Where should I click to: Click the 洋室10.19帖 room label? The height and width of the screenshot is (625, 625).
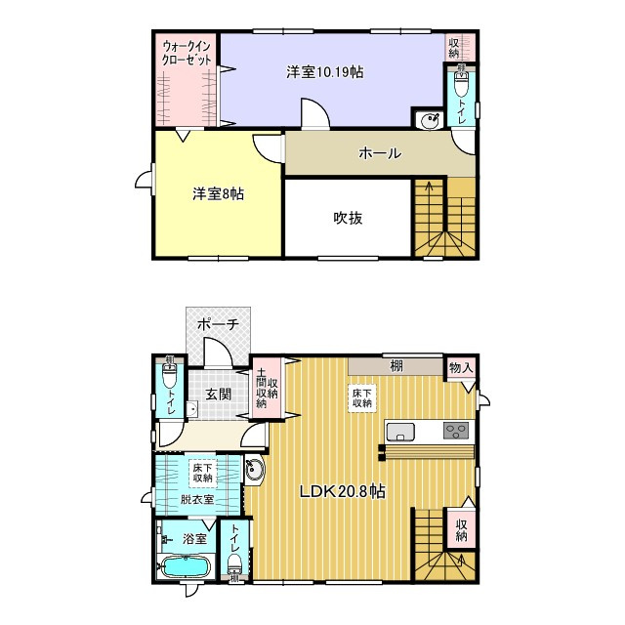point(318,72)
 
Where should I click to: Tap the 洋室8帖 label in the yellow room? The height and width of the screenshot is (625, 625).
point(217,194)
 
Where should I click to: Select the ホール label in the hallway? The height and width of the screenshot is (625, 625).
point(380,153)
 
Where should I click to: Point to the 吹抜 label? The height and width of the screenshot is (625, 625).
point(348,218)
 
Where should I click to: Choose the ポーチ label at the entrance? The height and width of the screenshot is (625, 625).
point(218,324)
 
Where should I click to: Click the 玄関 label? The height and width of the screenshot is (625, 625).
point(218,395)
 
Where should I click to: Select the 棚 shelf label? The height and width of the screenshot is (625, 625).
point(396,366)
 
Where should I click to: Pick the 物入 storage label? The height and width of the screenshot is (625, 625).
point(461,368)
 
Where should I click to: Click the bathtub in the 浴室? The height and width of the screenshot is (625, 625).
point(185,566)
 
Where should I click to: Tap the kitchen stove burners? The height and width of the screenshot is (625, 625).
point(456,430)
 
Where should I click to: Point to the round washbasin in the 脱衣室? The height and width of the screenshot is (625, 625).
point(255,470)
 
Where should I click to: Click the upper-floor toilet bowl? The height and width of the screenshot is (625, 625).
point(462,86)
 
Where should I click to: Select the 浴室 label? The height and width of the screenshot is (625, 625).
point(194,538)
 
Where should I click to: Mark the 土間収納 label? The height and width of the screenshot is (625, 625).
point(267,388)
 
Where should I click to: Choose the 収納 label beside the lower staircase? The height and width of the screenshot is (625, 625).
point(461,530)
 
